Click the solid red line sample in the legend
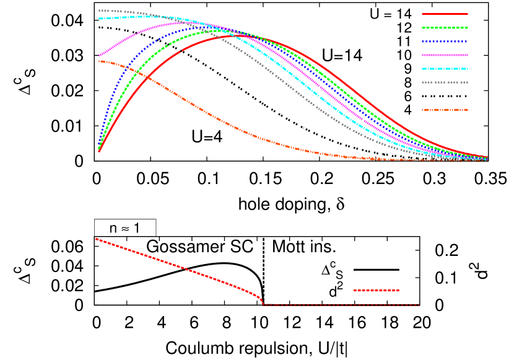tap(445, 14)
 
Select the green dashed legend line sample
tap(445, 28)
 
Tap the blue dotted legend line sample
tap(445, 42)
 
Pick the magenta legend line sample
tap(445, 55)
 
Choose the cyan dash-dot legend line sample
tap(445, 69)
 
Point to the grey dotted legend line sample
tap(445, 82)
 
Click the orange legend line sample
tap(445, 110)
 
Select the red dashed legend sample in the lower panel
tap(377, 291)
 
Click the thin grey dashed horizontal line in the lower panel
tap(341, 305)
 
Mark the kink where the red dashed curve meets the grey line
tap(263, 304)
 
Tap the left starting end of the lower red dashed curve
tap(97, 239)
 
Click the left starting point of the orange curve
tap(99, 61)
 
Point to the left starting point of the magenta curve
tap(99, 55)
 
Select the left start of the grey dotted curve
tap(100, 10)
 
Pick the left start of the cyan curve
tap(100, 19)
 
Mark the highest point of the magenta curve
tap(180, 23)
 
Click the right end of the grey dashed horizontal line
tap(419, 305)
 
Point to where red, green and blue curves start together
tap(99, 149)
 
